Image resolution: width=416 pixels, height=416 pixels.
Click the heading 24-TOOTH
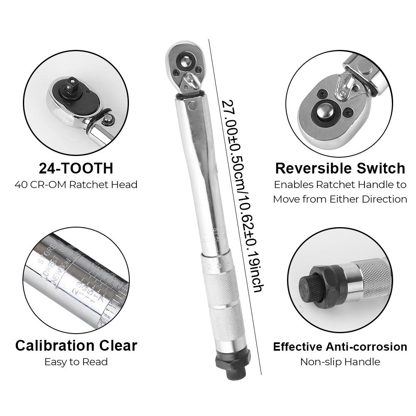[x=76, y=168]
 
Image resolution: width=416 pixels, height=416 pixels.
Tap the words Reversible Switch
[x=340, y=168]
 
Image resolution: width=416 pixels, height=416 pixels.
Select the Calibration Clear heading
[x=76, y=345]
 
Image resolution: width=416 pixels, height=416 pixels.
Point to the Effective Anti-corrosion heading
[x=340, y=347]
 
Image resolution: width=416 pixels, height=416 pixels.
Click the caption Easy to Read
[x=76, y=362]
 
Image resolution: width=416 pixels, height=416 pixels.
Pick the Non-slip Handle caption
[x=340, y=362]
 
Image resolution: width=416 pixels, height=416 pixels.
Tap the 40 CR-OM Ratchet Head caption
[x=76, y=184]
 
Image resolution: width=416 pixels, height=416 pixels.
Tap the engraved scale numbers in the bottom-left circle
[x=83, y=291]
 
